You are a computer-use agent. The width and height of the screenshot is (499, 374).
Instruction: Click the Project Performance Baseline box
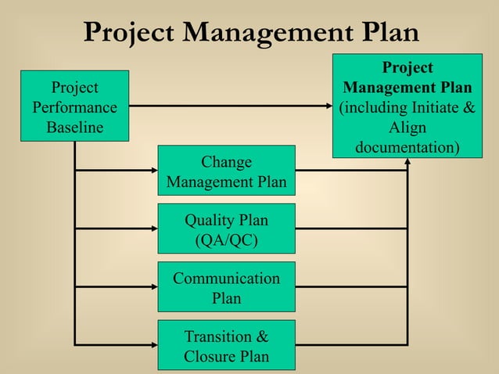[74, 106]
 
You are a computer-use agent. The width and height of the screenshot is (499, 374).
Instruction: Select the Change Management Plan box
[226, 172]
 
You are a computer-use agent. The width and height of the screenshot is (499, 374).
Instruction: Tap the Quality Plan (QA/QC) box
[226, 229]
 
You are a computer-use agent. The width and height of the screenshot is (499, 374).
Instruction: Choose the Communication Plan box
[226, 287]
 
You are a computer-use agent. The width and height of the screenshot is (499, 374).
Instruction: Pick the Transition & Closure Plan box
[226, 345]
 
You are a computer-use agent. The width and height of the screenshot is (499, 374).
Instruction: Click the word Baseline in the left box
[74, 128]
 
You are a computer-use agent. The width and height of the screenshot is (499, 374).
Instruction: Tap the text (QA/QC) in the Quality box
[226, 239]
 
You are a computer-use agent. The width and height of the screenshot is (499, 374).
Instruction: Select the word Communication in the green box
[226, 278]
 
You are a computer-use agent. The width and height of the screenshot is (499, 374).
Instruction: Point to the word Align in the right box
[407, 127]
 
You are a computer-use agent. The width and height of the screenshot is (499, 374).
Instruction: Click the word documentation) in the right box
[407, 147]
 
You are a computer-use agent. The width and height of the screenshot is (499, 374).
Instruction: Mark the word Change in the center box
[226, 162]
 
